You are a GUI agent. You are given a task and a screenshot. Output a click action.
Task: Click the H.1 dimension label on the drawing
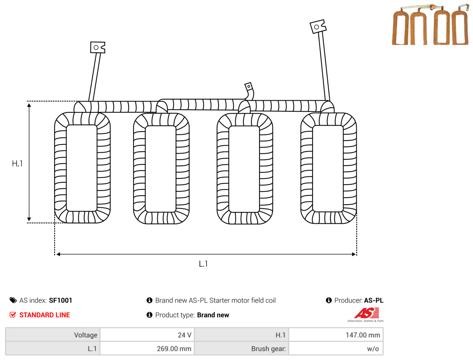click(x=17, y=163)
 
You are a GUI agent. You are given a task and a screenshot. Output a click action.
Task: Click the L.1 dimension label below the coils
click(x=203, y=264)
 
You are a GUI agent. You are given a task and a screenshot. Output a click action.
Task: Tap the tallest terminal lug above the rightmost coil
click(x=318, y=27)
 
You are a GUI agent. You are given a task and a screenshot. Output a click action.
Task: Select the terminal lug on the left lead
click(x=98, y=47)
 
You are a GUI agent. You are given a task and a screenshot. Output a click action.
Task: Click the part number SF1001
click(x=60, y=300)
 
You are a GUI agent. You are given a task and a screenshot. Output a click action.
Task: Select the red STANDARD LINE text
click(x=44, y=315)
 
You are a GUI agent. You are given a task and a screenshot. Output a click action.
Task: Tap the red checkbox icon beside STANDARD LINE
click(x=13, y=315)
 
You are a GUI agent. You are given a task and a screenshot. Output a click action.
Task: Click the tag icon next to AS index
click(x=13, y=300)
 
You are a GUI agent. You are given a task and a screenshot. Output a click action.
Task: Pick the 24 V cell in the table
click(x=147, y=335)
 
